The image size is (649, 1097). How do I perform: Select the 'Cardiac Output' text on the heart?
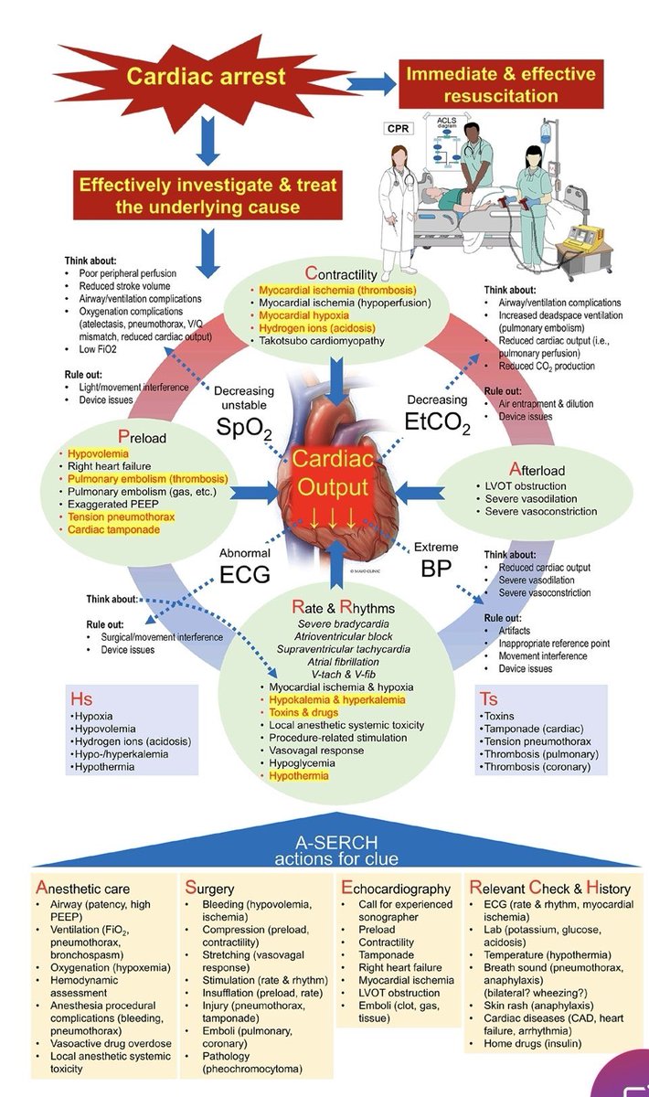(x=330, y=474)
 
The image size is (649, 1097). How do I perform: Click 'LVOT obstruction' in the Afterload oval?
(x=525, y=486)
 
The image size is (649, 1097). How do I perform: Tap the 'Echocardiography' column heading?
(x=396, y=888)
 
